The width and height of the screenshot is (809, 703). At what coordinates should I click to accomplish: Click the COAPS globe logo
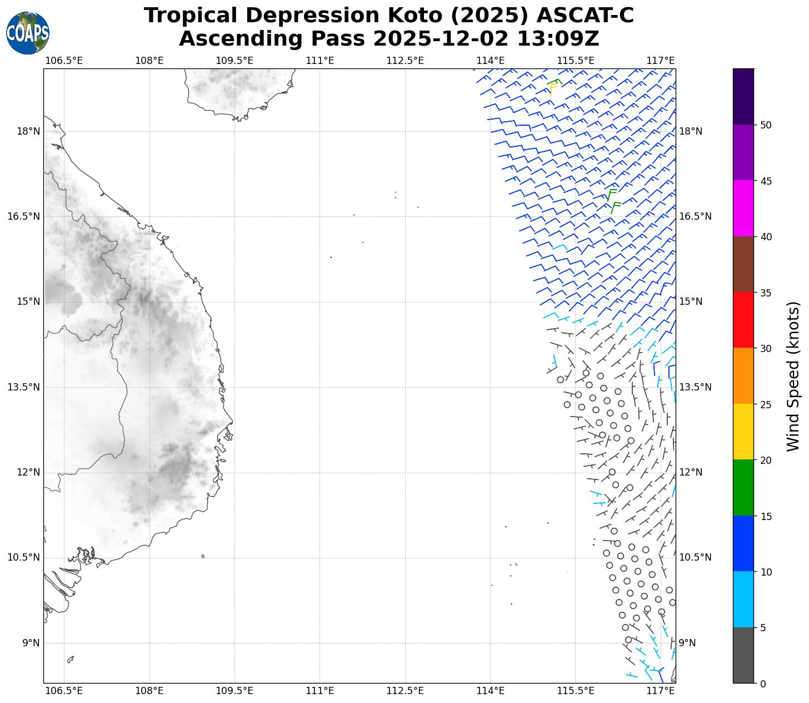pos(28,33)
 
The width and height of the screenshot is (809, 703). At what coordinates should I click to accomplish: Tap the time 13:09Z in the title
pos(558,39)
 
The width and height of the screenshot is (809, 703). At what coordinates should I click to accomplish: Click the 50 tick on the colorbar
pos(765,125)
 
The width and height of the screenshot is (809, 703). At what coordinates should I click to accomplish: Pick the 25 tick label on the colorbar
pos(765,404)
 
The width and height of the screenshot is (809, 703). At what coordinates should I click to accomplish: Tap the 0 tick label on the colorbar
pos(762,684)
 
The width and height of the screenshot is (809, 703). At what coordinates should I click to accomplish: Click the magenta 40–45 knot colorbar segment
pos(743,209)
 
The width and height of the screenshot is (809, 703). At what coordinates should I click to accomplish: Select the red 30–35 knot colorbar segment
pos(743,320)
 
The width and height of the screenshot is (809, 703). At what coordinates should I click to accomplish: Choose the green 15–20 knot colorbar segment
pos(743,487)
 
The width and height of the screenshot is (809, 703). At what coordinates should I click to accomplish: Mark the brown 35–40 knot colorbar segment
pos(743,264)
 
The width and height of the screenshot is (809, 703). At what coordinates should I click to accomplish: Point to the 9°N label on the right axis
pos(688,643)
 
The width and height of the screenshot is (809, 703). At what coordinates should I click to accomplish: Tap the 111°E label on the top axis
pos(320,60)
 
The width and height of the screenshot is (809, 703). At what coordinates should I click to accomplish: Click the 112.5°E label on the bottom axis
pos(405,691)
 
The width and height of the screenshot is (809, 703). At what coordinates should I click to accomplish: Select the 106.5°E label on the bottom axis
pos(64,691)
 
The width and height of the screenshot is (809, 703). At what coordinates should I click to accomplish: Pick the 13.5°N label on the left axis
pos(24,387)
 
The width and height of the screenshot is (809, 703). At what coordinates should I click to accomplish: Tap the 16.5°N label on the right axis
pos(695,216)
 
